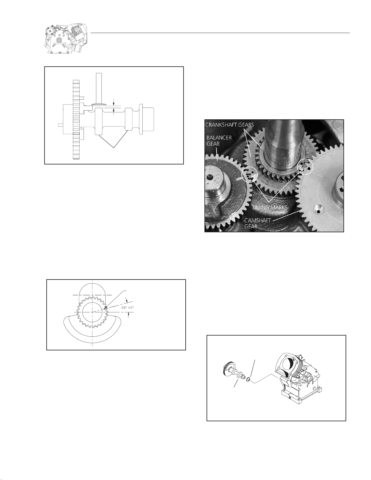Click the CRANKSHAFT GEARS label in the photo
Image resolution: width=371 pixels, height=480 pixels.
(230, 124)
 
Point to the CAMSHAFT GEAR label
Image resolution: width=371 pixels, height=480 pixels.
(257, 223)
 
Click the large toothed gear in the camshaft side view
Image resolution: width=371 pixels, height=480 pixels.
(76, 120)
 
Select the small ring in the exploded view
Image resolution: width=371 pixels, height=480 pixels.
(248, 379)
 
